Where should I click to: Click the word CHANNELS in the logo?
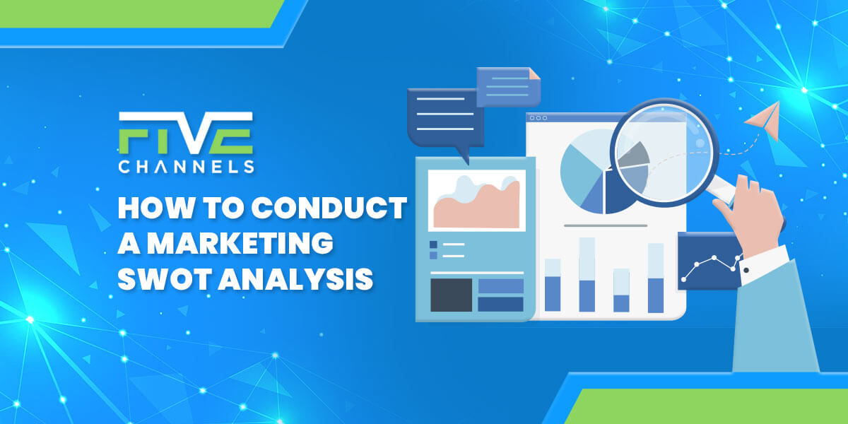tap(186, 167)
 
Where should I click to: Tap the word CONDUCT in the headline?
tap(329, 208)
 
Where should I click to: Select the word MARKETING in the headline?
tap(240, 242)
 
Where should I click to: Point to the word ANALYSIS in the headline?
tap(296, 278)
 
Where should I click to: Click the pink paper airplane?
tap(764, 120)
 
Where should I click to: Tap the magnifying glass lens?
tap(664, 153)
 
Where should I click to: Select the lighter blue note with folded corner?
tap(508, 87)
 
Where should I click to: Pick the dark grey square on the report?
tap(452, 295)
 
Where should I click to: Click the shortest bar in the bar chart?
tap(621, 290)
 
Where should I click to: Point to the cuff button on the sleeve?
tap(746, 270)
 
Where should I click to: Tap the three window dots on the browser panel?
tap(538, 118)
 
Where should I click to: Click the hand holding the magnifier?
tap(751, 216)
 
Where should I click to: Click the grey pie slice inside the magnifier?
tap(633, 155)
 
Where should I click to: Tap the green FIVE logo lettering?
tap(186, 141)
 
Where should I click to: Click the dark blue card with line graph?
tap(709, 261)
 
